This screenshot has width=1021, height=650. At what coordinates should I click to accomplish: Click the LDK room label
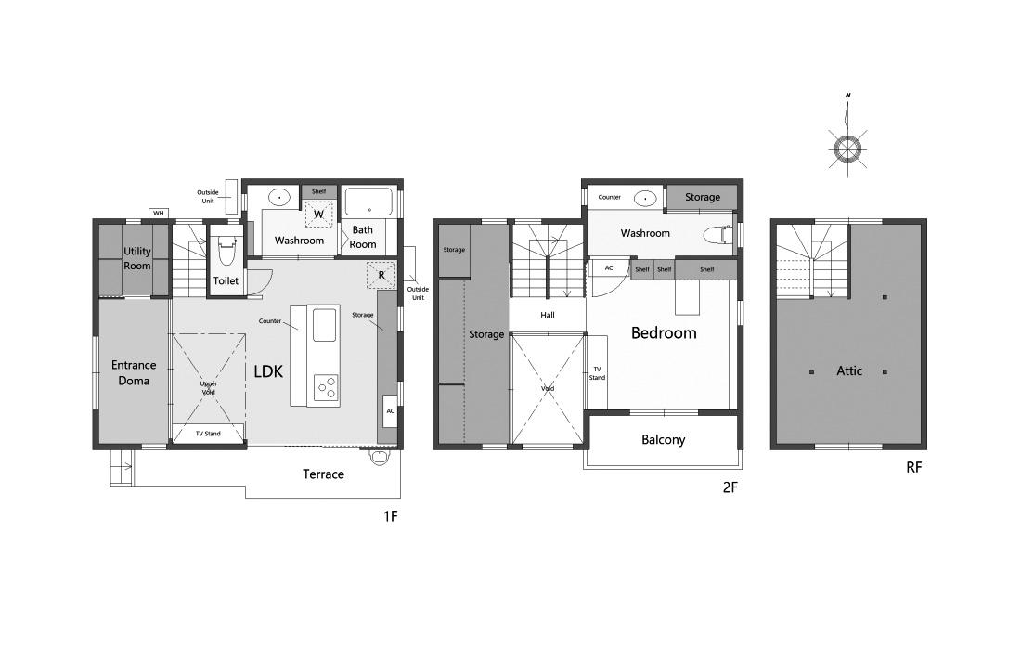(268, 372)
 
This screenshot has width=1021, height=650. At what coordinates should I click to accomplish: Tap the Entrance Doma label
(134, 373)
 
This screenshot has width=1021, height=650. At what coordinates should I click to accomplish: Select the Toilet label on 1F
(226, 280)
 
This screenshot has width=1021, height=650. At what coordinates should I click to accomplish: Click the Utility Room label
(137, 258)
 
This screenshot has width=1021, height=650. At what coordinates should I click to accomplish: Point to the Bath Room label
(363, 237)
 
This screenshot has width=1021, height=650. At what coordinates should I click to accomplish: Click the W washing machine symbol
(319, 214)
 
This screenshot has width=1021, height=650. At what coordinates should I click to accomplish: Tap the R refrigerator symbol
(381, 275)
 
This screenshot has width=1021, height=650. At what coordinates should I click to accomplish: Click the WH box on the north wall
(158, 213)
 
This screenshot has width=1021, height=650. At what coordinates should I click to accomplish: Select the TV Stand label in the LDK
(208, 434)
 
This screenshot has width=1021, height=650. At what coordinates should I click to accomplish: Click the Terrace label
(323, 474)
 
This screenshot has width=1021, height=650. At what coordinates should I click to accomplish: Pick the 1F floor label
(390, 516)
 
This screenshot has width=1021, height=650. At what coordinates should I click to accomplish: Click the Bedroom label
(664, 332)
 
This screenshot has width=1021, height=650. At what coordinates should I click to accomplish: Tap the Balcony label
(663, 439)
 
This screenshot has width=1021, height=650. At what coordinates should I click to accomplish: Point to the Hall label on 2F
(548, 315)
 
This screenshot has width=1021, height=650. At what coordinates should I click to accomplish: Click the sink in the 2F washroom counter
(645, 198)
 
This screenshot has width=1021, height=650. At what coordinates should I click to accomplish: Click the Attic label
(849, 370)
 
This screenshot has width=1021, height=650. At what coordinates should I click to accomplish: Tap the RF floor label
(914, 467)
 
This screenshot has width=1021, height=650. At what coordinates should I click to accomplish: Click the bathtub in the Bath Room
(368, 201)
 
